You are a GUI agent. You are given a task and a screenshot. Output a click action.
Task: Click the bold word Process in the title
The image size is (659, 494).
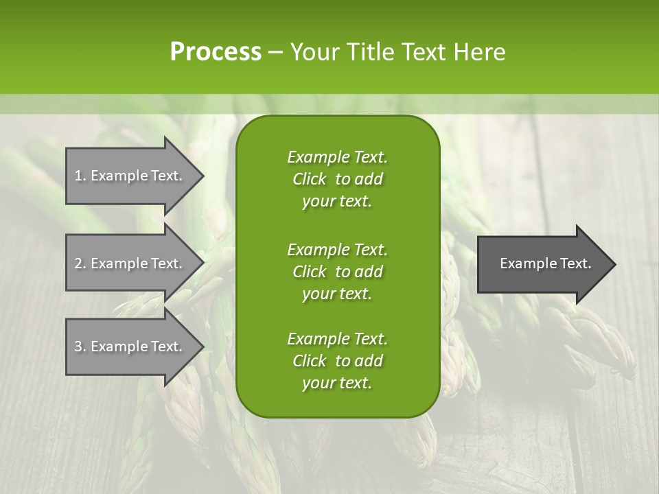216,52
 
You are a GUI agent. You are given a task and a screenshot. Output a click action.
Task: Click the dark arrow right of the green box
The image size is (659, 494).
546,264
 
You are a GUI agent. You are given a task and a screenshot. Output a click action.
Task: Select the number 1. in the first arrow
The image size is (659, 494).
80,176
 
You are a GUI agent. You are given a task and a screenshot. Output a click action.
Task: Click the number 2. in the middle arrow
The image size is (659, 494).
80,263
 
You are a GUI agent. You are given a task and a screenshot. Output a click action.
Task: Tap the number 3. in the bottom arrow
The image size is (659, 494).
80,346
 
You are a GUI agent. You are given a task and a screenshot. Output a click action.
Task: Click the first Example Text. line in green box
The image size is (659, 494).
337,157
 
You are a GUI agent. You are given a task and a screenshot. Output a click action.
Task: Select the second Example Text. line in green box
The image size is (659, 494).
337,249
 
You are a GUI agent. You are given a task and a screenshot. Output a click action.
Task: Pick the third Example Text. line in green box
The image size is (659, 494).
337,339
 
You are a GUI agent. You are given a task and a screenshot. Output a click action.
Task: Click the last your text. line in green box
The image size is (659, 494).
337,384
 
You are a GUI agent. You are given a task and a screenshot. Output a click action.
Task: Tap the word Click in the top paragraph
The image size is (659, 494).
310,179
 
